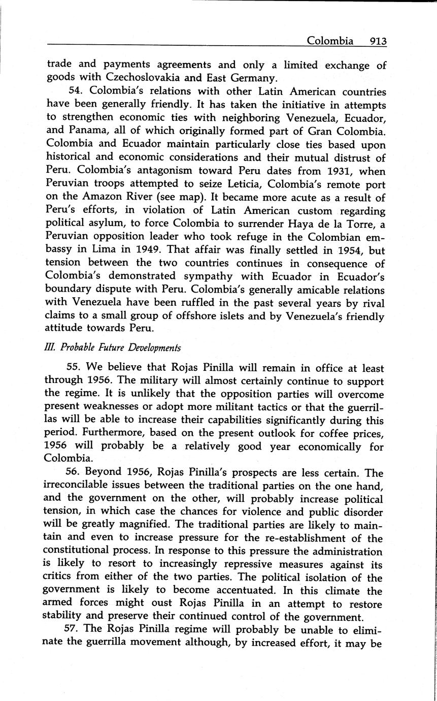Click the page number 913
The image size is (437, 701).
[x=379, y=41]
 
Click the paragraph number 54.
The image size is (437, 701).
[x=74, y=92]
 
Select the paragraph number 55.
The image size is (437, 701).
[x=74, y=368]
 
